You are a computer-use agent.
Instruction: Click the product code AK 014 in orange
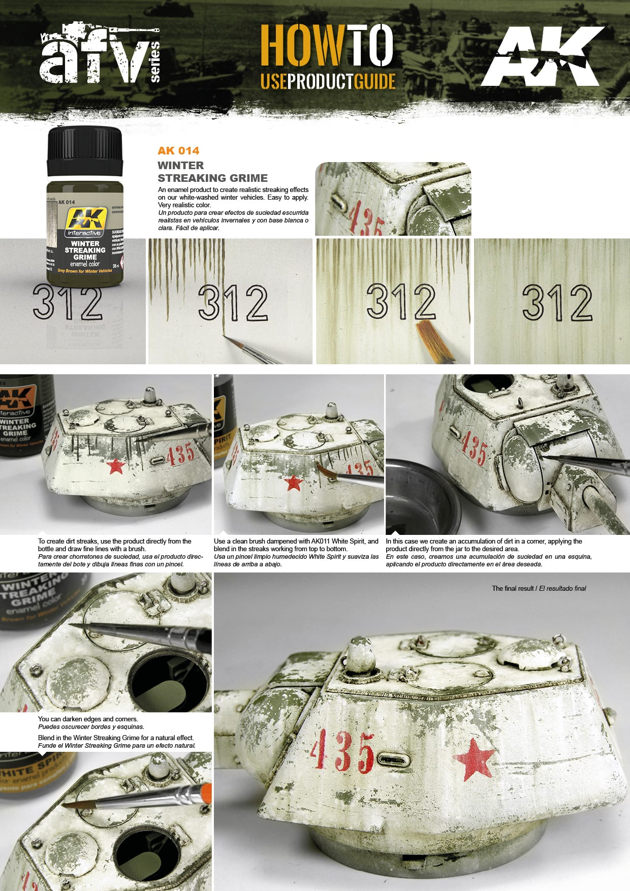click(x=178, y=150)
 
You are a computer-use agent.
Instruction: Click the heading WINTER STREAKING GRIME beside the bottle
click(x=212, y=172)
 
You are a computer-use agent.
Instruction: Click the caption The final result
click(x=538, y=588)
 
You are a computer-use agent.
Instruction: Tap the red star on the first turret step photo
click(x=116, y=466)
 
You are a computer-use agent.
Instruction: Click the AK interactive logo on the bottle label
click(x=85, y=222)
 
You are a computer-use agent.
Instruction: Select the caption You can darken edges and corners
click(x=88, y=719)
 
